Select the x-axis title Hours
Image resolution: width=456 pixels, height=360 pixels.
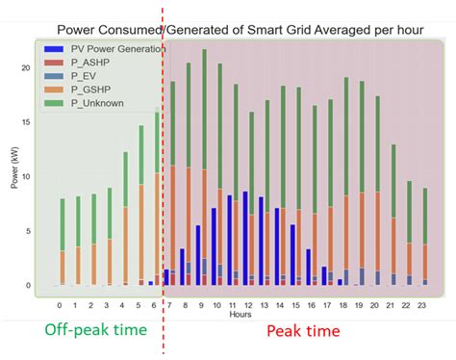point(241,314)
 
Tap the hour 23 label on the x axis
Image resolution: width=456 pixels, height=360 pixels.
point(424,305)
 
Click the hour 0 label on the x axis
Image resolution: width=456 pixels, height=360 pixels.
point(62,305)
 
